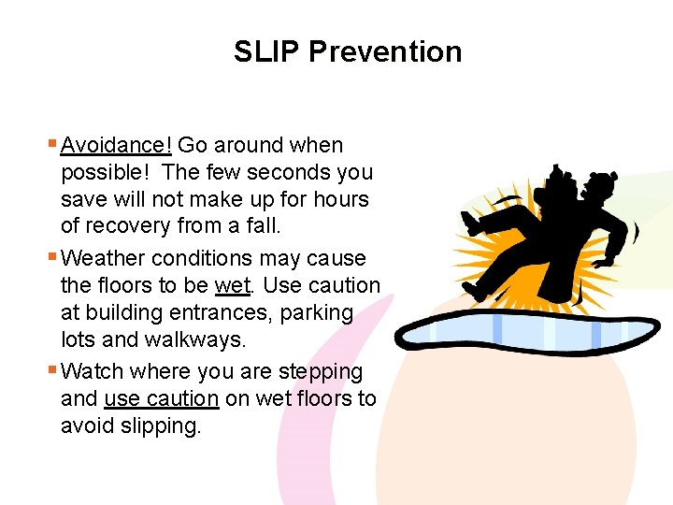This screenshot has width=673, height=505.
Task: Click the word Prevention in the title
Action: coord(385,51)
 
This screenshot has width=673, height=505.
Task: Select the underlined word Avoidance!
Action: coord(116,145)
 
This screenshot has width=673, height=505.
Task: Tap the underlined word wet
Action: coord(233,285)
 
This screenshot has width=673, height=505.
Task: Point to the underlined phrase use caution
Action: coord(162,398)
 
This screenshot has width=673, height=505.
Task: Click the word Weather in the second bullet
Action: coord(103,258)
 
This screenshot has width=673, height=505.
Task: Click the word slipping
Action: coord(160,426)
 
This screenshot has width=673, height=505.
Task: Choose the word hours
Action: coord(342,199)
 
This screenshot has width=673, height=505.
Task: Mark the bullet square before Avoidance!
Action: coord(50,144)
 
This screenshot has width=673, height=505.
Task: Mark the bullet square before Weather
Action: coord(50,257)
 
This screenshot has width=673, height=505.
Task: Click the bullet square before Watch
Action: coord(50,370)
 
